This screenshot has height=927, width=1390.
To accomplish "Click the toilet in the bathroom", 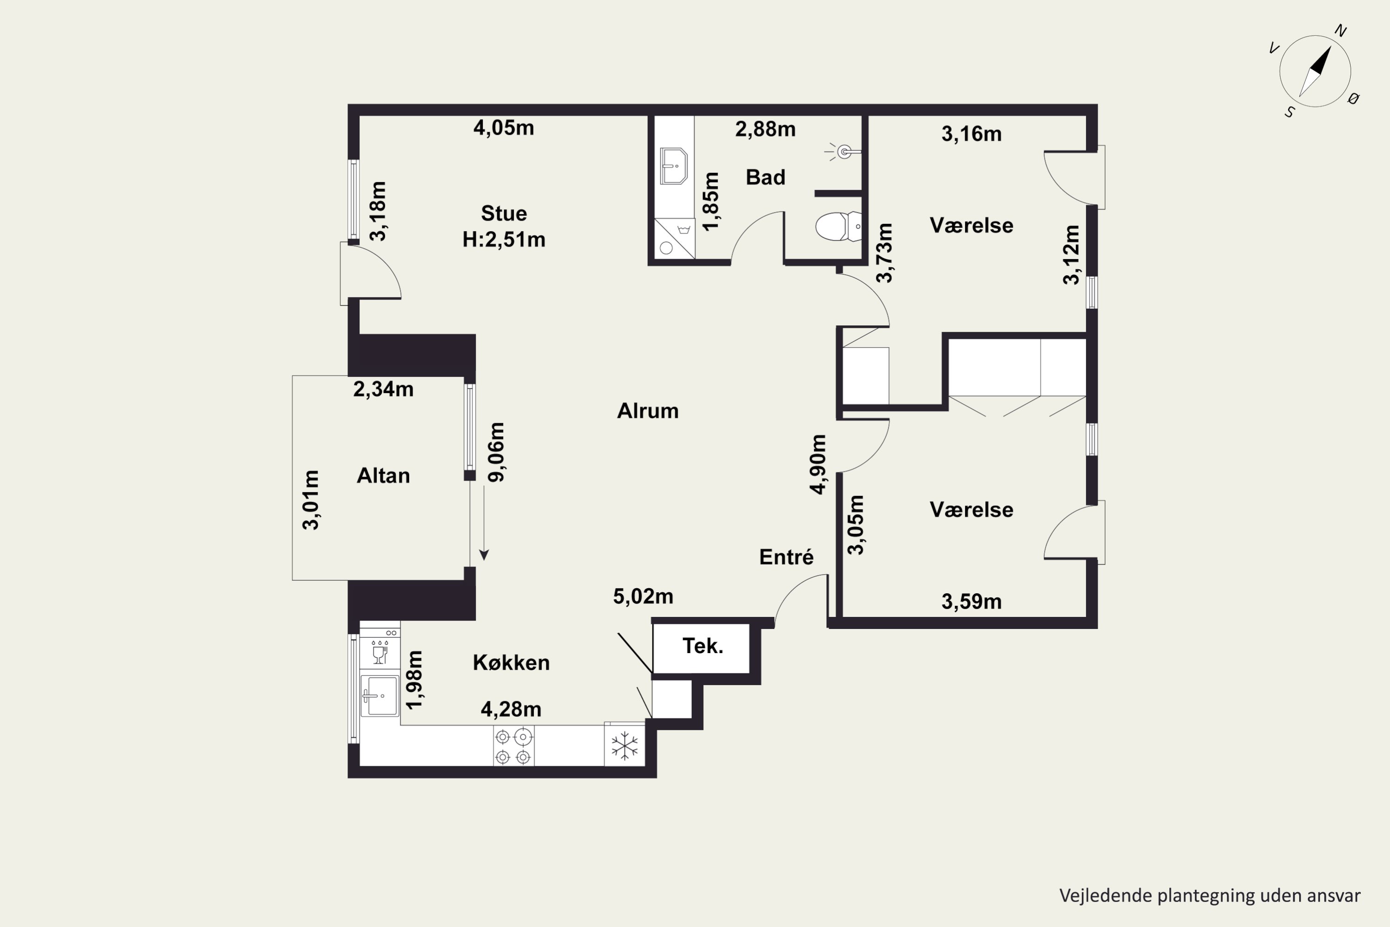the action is [x=839, y=227].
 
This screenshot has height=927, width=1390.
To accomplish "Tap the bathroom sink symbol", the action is [x=674, y=165].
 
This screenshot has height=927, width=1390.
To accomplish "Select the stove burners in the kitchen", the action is [x=513, y=746].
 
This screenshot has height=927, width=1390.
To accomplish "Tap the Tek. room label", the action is [x=703, y=646].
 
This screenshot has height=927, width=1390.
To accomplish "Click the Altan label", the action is [x=383, y=476].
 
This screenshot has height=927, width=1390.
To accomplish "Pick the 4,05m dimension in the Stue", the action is [x=504, y=128].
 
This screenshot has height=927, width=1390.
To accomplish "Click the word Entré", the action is [x=786, y=556].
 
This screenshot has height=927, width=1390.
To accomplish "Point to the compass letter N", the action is [x=1340, y=31].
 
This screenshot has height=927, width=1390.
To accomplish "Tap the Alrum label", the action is [x=648, y=411].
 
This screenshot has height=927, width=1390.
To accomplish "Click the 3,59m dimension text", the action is [x=972, y=602].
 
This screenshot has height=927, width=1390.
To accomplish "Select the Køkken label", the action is [x=511, y=663].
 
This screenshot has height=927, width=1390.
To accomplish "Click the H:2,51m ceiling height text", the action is [x=504, y=240].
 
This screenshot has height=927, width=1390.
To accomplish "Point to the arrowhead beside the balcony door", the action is [x=484, y=555].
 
